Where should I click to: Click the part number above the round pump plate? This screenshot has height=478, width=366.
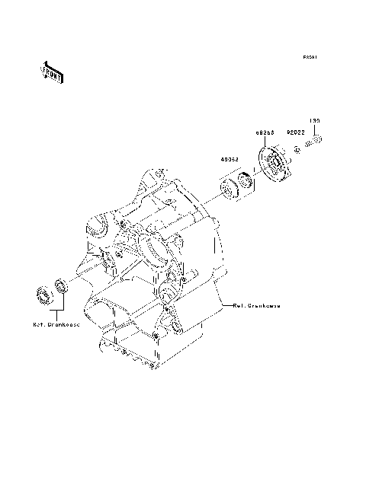[x=265, y=131]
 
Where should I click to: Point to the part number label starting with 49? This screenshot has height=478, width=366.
[x=231, y=161]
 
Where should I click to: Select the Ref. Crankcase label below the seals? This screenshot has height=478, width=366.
[x=56, y=324]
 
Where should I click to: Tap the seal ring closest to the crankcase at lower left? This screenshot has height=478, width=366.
[x=60, y=288]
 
